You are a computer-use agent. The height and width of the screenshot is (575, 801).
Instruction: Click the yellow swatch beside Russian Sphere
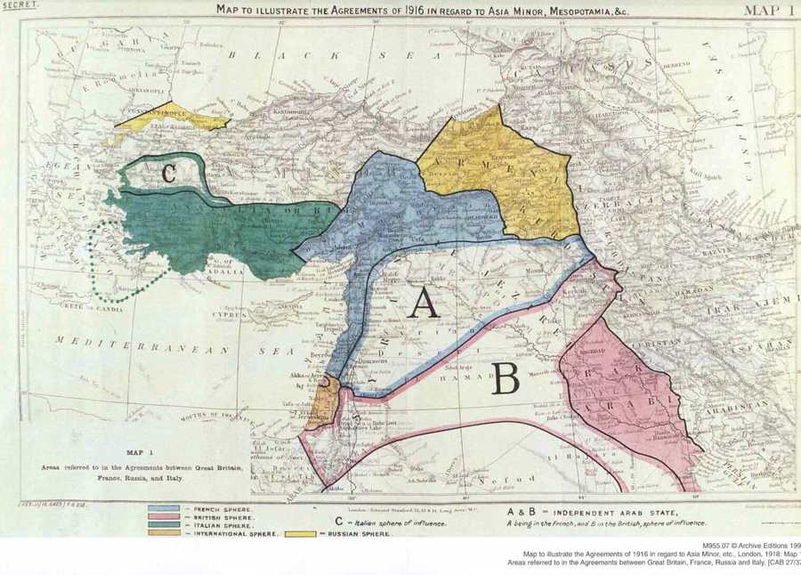click(x=297, y=535)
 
